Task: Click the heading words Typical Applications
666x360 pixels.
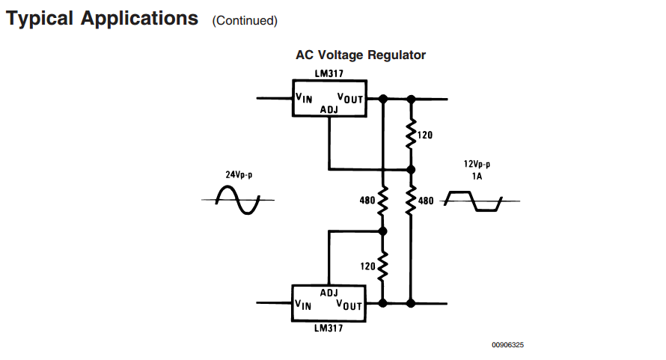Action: (103, 18)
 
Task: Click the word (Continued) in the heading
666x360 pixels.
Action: (245, 20)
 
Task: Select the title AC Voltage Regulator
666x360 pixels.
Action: (361, 55)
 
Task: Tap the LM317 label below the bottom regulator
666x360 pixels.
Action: (330, 328)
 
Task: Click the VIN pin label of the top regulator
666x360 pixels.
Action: (304, 97)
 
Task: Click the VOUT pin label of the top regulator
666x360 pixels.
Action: (349, 97)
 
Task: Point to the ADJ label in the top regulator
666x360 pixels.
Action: (329, 110)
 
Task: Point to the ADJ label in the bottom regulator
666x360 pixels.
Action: (329, 292)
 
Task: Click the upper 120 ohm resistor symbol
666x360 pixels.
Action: (411, 135)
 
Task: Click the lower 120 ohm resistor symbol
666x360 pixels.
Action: (382, 265)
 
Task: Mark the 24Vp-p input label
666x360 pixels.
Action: (239, 174)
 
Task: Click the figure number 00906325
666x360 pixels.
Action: (507, 345)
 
